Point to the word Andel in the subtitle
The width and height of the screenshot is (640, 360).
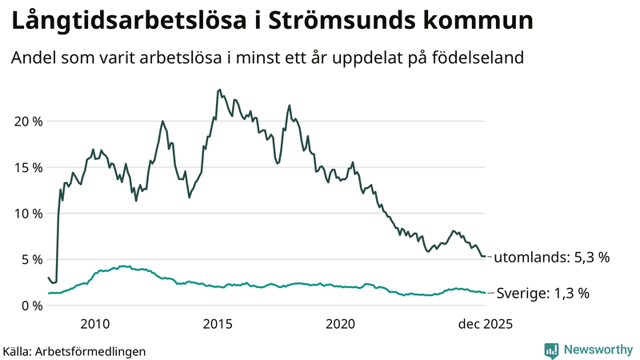click(33, 58)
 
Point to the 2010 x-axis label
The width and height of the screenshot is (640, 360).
click(94, 324)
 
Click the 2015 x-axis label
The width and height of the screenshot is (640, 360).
click(218, 324)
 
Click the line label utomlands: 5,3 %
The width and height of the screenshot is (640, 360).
click(551, 258)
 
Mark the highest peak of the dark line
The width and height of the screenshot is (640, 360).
click(220, 90)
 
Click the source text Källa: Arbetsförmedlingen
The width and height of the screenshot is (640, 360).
click(74, 351)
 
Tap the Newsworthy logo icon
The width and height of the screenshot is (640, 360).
click(551, 350)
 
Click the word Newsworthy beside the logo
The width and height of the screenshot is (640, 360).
click(597, 350)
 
